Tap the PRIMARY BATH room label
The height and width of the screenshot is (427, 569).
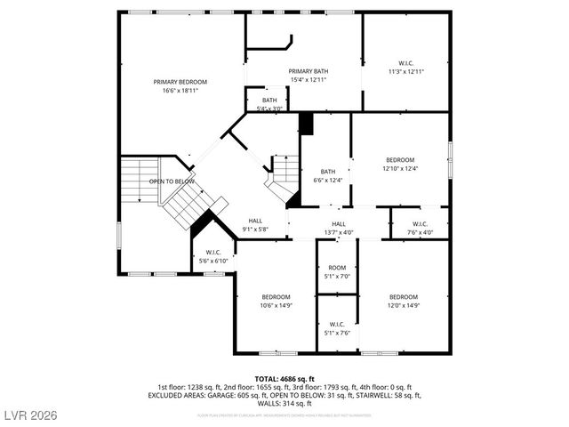[x=308, y=76]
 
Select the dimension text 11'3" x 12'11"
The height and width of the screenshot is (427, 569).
[x=406, y=71]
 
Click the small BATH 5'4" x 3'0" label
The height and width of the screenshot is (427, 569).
[x=269, y=104]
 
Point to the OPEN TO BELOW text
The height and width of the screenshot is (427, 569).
[x=172, y=181]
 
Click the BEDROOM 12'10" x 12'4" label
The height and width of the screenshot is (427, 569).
[x=399, y=164]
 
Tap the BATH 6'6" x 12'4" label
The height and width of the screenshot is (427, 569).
[x=327, y=175]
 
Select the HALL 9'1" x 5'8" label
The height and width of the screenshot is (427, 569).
[x=254, y=225]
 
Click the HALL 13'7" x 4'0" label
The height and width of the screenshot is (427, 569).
[x=338, y=228]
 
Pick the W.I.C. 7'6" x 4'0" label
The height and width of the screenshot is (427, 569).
[x=420, y=228]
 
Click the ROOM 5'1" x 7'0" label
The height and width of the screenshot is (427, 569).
[x=337, y=272]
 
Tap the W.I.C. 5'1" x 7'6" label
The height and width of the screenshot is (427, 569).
[x=337, y=328]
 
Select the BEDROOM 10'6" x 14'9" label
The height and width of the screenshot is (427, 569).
[x=276, y=301]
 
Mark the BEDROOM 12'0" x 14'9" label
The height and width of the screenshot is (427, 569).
[x=403, y=301]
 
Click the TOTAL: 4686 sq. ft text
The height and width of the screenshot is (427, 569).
[x=284, y=379]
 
